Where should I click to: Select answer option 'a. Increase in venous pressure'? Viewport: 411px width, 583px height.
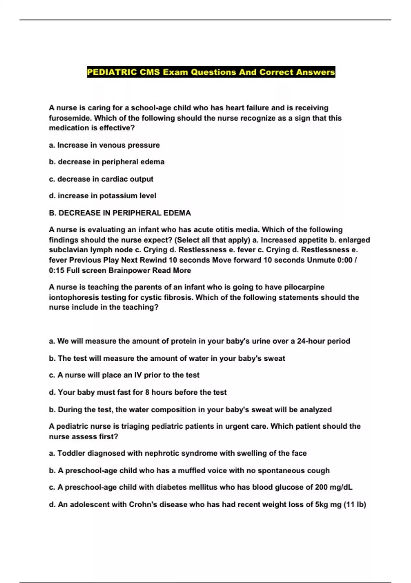click(104, 145)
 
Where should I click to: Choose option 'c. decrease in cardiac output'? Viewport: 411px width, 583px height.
click(101, 179)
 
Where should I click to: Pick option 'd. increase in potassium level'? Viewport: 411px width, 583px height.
click(102, 196)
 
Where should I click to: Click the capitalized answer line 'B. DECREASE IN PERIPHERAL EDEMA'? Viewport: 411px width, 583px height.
click(120, 213)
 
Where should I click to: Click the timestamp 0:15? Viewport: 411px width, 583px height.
click(57, 271)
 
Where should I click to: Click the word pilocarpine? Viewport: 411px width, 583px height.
click(304, 287)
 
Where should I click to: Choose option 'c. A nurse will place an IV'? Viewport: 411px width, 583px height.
click(124, 375)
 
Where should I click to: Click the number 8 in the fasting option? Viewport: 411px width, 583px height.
click(147, 392)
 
